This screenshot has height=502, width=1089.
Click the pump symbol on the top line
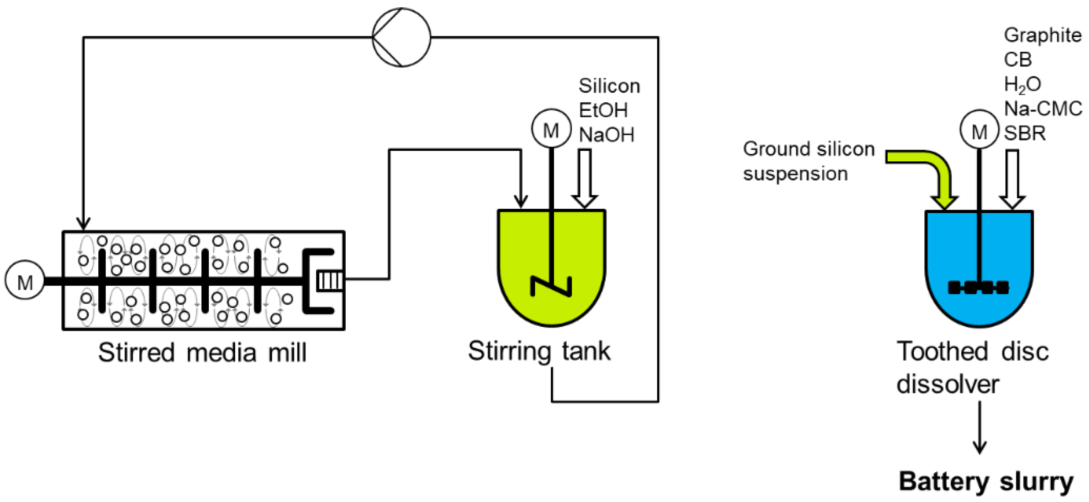[401, 37]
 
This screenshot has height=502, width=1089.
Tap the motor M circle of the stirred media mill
[25, 280]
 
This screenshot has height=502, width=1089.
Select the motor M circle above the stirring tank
[551, 128]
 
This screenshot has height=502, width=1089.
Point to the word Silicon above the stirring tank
[609, 86]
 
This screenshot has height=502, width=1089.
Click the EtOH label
[603, 110]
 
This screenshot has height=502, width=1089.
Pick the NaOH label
[606, 135]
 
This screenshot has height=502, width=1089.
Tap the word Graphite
[1042, 35]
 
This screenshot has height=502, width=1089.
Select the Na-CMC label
[1042, 109]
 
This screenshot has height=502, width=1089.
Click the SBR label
[1025, 134]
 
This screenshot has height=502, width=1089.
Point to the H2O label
[1022, 85]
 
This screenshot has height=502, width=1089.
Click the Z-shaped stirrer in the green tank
[551, 286]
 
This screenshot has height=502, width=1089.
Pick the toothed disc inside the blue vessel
[978, 287]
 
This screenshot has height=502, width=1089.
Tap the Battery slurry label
[986, 481]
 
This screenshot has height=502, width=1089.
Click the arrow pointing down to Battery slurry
[979, 427]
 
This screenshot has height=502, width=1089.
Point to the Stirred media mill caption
[202, 352]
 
